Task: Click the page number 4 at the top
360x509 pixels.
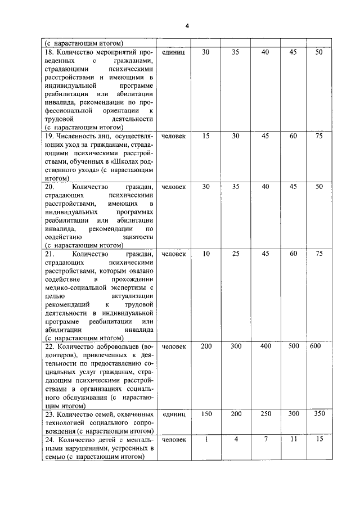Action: point(187,26)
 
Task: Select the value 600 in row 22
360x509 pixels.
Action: point(315,346)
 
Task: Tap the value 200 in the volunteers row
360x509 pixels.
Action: point(206,346)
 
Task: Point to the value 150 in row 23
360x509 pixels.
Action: point(206,414)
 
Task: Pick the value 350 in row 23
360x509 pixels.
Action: point(319,414)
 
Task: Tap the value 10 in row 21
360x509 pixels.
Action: point(206,254)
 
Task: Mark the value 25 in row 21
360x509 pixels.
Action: point(236,254)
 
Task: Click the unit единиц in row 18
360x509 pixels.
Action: point(173,52)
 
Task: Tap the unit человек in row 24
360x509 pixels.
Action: point(173,439)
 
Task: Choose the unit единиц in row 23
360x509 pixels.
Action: point(173,414)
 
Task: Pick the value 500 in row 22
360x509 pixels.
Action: point(294,346)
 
